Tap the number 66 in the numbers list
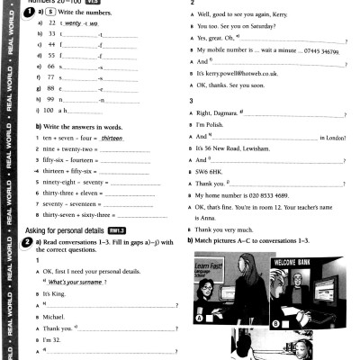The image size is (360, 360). coord(41,67)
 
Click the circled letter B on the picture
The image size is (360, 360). coord(275,321)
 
